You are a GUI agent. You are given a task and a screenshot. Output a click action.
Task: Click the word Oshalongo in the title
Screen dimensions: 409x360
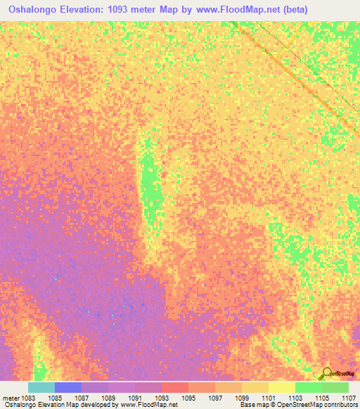(x=34, y=9)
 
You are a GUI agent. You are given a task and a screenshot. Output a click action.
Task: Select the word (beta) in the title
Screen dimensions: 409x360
(x=294, y=9)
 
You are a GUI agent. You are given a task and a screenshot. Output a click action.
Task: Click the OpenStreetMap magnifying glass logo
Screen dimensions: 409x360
(x=327, y=374)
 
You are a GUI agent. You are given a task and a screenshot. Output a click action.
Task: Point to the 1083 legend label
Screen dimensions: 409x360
(x=28, y=398)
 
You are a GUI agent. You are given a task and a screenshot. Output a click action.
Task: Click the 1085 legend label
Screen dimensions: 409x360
(x=55, y=398)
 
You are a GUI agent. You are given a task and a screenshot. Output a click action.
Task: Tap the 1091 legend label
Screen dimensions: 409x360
(x=135, y=398)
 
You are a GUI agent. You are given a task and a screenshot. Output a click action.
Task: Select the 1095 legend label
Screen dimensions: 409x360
(x=188, y=398)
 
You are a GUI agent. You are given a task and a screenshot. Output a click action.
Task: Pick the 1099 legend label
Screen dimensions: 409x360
(x=242, y=398)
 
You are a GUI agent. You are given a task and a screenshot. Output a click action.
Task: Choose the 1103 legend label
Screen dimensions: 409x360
(x=295, y=398)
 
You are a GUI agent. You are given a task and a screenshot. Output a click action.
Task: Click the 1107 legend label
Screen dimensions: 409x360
(x=349, y=398)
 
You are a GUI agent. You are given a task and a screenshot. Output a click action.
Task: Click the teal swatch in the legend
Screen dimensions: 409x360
(x=41, y=387)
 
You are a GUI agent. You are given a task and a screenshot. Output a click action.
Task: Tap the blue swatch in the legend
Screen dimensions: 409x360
(x=68, y=387)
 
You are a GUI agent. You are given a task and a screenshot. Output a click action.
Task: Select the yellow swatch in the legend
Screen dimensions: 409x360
(x=282, y=387)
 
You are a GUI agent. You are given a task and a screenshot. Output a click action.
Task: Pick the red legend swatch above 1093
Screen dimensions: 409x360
(x=175, y=387)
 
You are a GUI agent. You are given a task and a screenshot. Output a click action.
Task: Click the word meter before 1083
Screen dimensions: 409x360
(x=10, y=398)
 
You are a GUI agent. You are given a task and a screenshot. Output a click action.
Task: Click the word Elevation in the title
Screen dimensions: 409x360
(x=90, y=9)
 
